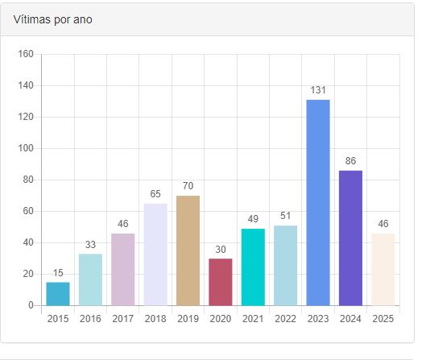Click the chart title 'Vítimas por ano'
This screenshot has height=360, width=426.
(52, 19)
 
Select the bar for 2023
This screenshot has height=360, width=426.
(318, 203)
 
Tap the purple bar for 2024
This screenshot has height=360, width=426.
(350, 238)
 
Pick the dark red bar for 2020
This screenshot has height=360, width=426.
(221, 282)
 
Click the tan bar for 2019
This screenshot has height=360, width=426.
(188, 250)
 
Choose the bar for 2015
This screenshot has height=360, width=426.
(58, 294)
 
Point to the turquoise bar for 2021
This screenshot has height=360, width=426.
(253, 267)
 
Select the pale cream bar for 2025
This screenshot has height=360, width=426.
(383, 270)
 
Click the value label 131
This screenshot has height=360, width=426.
(318, 90)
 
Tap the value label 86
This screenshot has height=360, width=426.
(350, 161)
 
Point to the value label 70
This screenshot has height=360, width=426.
(188, 186)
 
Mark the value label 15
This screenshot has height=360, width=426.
(58, 273)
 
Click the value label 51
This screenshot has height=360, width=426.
(286, 216)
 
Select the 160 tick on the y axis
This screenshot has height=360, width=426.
(26, 54)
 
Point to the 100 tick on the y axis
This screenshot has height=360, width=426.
(26, 148)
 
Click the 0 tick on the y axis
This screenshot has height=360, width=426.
(31, 305)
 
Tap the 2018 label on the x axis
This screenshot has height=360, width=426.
(155, 319)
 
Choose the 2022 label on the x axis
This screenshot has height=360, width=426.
(286, 319)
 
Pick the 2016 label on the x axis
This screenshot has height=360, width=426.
(90, 319)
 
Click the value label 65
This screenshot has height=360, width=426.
(155, 194)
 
